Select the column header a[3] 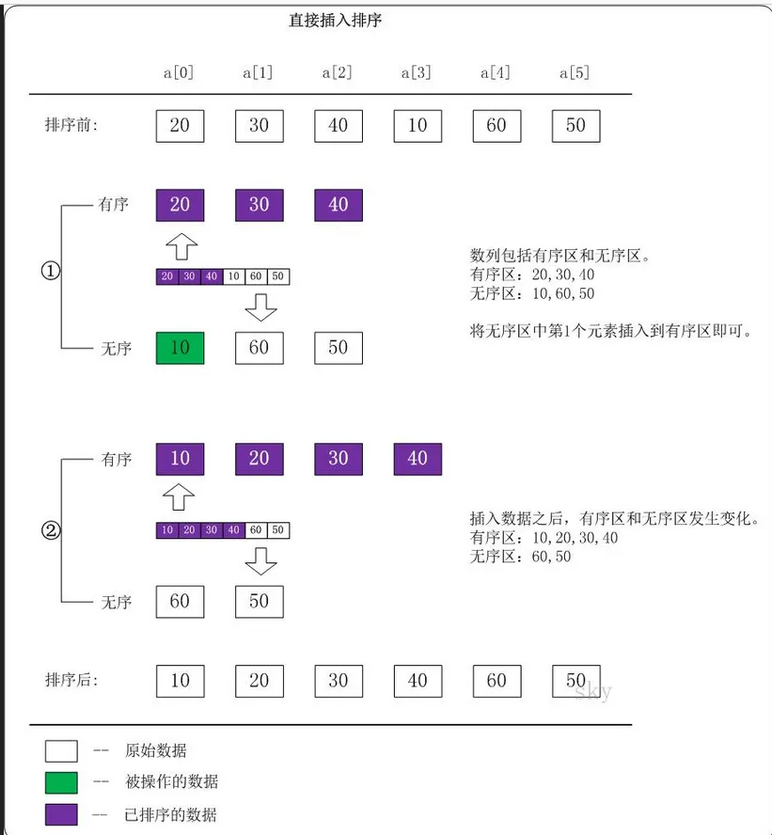tap(417, 72)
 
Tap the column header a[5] tap(575, 72)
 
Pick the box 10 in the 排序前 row tap(418, 126)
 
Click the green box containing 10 tap(180, 348)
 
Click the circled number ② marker tap(51, 530)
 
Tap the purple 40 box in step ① tap(339, 205)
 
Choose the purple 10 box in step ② tap(180, 459)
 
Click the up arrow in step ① tap(181, 247)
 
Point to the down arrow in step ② tap(260, 561)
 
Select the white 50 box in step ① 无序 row tap(339, 348)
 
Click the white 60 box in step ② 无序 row tap(180, 602)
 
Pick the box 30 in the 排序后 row tap(339, 680)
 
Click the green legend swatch tap(61, 782)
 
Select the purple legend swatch tap(61, 814)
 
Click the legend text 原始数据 tap(155, 750)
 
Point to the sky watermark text tap(593, 693)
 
